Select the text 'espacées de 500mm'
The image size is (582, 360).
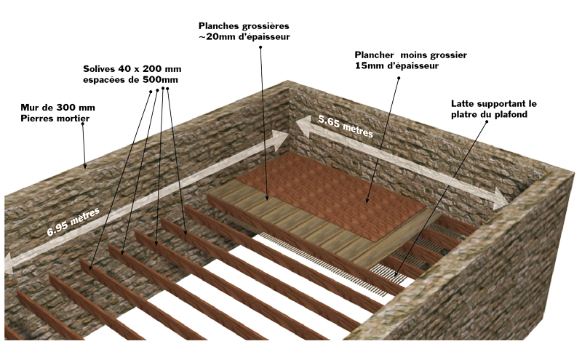coord(131,79)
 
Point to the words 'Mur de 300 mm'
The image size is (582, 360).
coord(57,107)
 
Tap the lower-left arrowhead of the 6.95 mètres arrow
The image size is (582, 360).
coord(9,263)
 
